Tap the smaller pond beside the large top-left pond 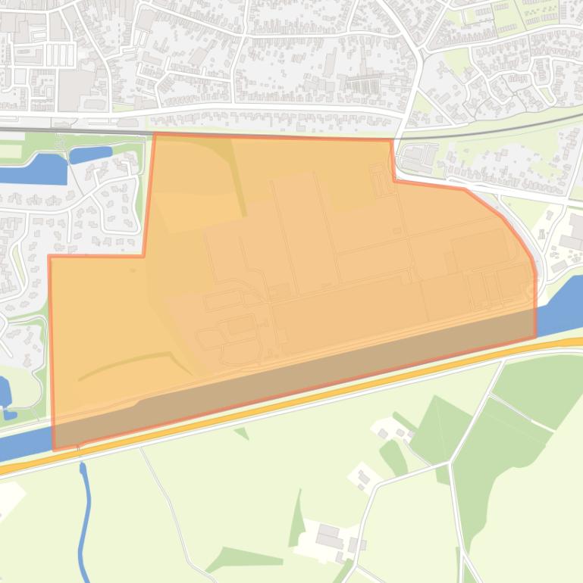[x=90, y=154]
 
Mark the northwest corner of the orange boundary [x=155, y=135]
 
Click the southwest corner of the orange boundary [x=54, y=450]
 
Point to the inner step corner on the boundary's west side [x=144, y=256]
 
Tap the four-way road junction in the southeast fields [x=450, y=462]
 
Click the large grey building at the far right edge [x=572, y=242]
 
